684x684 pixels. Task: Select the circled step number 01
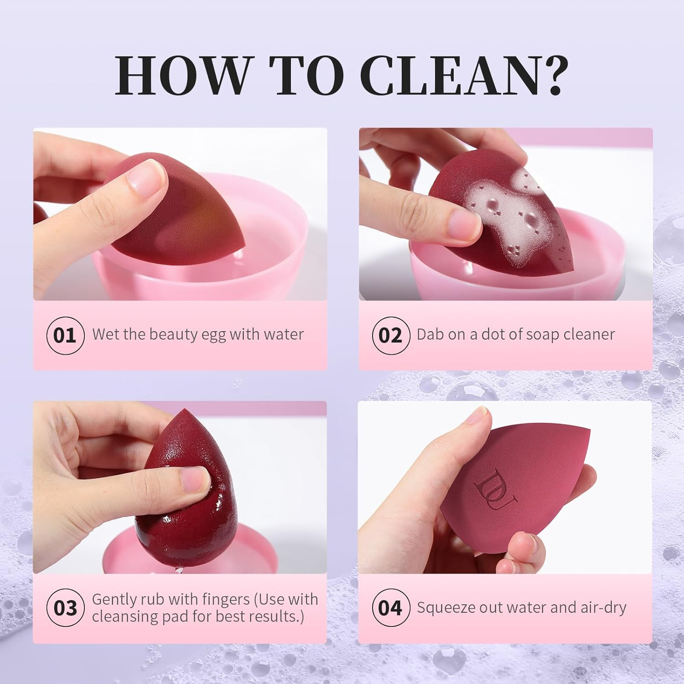click(x=65, y=335)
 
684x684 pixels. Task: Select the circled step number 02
click(x=390, y=335)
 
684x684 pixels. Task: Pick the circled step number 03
click(x=65, y=608)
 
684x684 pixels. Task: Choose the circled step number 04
click(x=390, y=608)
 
